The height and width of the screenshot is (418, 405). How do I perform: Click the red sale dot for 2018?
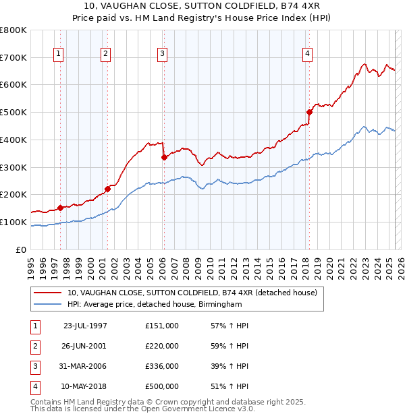309,112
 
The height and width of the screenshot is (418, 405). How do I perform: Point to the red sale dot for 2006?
164,157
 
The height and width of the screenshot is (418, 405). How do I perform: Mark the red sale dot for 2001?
107,189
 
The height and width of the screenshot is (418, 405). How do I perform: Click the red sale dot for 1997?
60,208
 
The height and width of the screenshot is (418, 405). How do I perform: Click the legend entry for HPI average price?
154,305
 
